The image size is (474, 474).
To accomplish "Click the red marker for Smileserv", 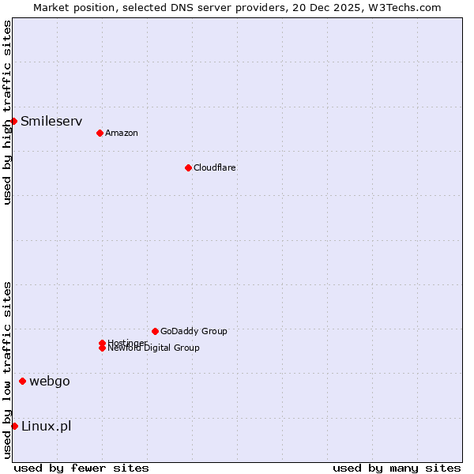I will [x=14, y=121].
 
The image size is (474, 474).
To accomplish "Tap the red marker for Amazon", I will [x=100, y=133].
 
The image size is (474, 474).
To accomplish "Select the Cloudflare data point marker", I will [x=188, y=167].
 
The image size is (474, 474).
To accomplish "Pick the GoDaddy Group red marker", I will [x=155, y=331].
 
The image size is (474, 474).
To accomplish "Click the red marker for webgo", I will [x=22, y=382].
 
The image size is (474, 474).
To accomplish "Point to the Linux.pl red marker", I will [x=14, y=427].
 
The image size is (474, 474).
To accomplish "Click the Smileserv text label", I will [x=51, y=121].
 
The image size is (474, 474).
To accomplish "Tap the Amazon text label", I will [x=121, y=133].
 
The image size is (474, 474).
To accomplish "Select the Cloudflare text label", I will [x=214, y=167].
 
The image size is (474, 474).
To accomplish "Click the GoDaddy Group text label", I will [x=194, y=331].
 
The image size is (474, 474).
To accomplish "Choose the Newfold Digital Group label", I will [x=154, y=348].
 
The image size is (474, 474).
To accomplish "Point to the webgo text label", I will [x=50, y=382].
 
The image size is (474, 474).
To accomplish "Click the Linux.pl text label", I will [x=46, y=427].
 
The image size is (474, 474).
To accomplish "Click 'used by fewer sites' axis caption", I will [x=81, y=468].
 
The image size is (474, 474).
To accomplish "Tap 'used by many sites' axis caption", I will [x=397, y=468].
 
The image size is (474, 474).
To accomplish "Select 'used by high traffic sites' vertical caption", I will [x=7, y=112].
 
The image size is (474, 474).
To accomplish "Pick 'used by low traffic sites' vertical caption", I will [x=7, y=369].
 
